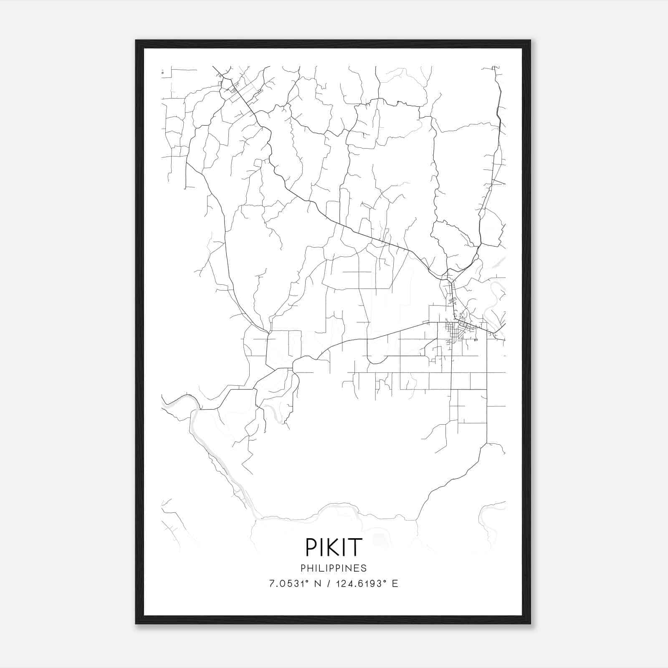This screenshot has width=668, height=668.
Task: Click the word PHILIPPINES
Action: (x=334, y=568)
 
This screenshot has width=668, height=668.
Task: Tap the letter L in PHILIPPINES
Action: (x=324, y=568)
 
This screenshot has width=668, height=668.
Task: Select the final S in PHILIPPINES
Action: (x=364, y=568)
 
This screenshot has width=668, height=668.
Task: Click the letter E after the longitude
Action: (x=395, y=584)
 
